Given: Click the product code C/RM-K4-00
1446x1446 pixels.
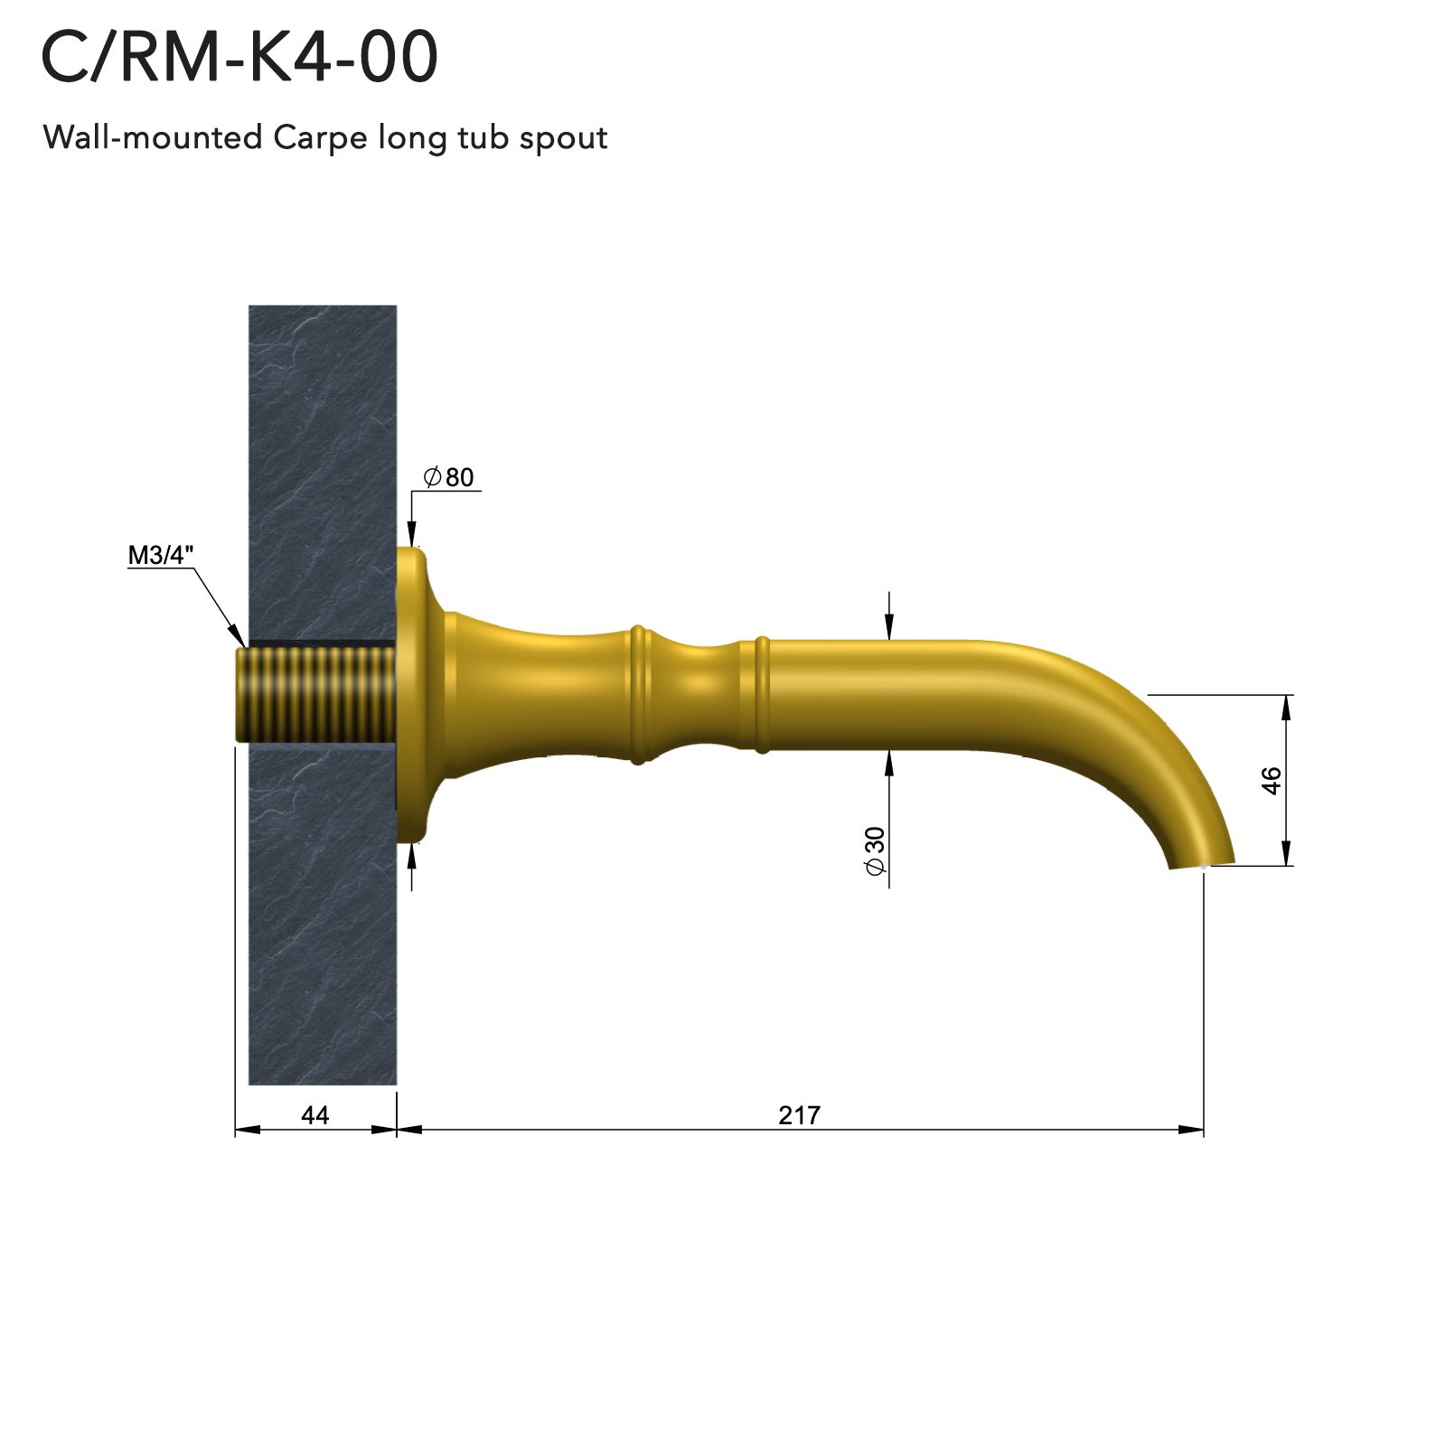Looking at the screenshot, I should pos(239,57).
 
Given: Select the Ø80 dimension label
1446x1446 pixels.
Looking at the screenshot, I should pos(449,477).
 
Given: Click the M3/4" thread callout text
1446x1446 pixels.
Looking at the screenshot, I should pos(160,555).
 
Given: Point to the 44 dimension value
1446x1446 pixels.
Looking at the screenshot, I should pos(315,1115).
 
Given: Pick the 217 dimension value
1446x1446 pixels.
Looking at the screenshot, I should pos(799,1115).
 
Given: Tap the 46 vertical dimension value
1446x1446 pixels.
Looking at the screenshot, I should pos(1272,780).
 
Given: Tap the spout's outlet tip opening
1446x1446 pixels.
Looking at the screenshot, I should pos(1202,864).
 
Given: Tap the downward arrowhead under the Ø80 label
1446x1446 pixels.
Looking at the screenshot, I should pos(412,535).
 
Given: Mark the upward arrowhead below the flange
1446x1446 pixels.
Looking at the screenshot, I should pos(412,855).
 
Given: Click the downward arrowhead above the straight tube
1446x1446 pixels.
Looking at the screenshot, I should pos(889,629).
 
